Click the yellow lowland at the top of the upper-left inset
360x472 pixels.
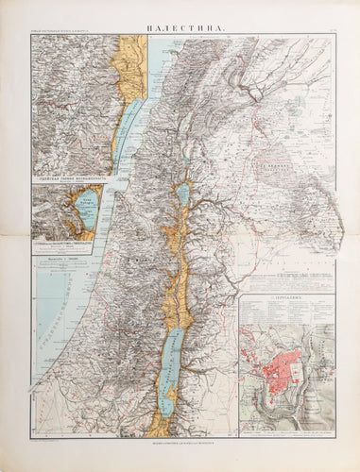[x=126, y=57]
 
